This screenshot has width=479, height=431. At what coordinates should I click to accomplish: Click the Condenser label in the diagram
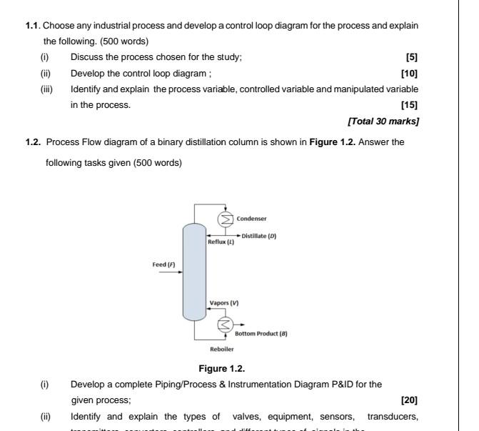(x=251, y=219)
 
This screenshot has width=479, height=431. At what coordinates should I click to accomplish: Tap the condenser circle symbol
(x=226, y=219)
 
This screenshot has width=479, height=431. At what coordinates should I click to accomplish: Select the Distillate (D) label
(x=258, y=236)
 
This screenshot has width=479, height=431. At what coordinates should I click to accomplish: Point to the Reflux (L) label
(x=221, y=242)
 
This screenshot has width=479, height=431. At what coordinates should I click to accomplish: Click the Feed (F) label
(x=163, y=264)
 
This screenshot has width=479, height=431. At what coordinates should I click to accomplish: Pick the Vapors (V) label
(x=224, y=303)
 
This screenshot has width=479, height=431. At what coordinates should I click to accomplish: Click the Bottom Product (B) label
(x=261, y=334)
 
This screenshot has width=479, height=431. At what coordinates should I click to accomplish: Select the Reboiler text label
(x=221, y=350)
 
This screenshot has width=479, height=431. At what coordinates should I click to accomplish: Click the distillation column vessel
(x=193, y=272)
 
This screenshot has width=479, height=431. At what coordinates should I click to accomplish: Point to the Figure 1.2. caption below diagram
(x=221, y=369)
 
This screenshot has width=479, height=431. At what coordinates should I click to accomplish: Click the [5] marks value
(x=411, y=57)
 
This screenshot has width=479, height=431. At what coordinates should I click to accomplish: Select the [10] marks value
(x=409, y=73)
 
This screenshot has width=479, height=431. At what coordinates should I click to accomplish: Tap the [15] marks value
(x=409, y=105)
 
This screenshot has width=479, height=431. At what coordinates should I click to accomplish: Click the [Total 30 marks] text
(x=383, y=121)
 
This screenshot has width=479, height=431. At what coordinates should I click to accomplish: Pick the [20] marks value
(x=409, y=400)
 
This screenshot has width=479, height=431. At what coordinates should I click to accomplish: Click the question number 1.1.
(x=31, y=26)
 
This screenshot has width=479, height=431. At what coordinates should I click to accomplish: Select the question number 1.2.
(x=33, y=142)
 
